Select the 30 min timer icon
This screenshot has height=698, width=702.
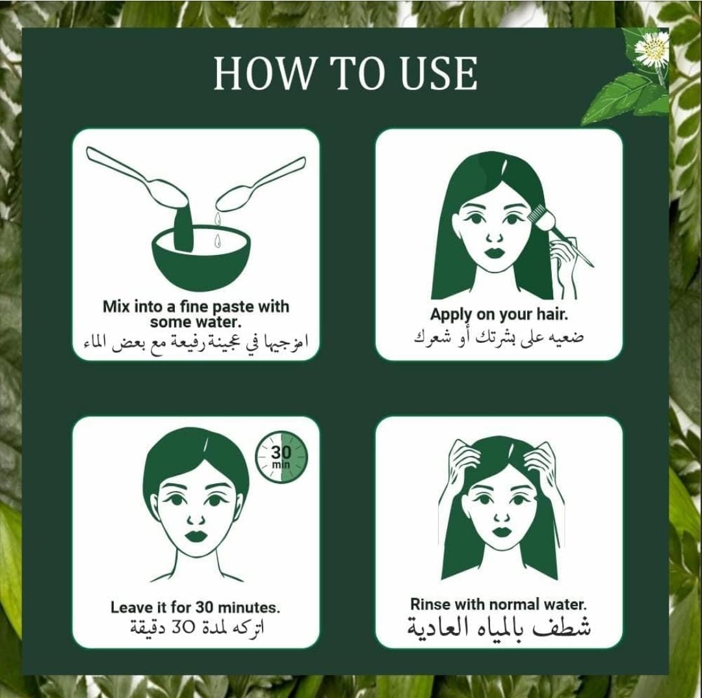click(x=281, y=457)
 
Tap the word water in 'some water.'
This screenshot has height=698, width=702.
click(x=218, y=323)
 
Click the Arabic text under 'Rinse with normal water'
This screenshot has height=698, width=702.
click(x=499, y=627)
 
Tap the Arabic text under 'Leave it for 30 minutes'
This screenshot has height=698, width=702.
click(x=197, y=626)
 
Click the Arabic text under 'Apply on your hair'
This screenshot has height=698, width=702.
click(x=499, y=337)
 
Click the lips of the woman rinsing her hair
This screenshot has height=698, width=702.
click(x=500, y=531)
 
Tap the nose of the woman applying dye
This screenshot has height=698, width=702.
click(x=495, y=236)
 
